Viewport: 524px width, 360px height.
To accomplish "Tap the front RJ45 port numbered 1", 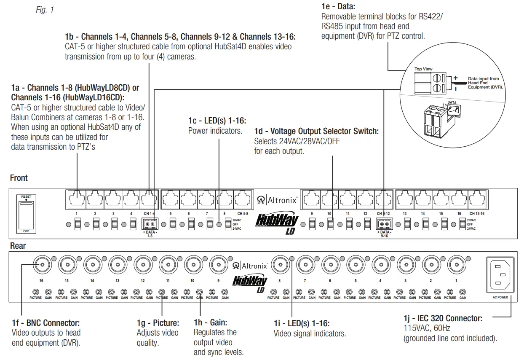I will pos(77,198).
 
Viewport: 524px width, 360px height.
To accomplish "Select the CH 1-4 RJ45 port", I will pos(149,198).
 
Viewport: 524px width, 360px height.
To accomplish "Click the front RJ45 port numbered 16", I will pos(459,198).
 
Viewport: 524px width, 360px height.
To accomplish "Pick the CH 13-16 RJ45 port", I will pos(477,198).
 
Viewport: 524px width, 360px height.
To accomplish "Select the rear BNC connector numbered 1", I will pos(456,265).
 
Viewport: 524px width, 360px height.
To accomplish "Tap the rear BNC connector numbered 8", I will pos(280,265).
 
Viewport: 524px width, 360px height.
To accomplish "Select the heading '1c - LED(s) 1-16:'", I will pos(217,121).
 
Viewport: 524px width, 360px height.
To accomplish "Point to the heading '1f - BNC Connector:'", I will pos(45,323).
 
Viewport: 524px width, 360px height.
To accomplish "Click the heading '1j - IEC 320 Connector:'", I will pos(443,318).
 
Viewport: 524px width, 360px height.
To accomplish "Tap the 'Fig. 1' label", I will pos(45,9).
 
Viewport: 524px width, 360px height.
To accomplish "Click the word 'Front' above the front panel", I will pos(19,178).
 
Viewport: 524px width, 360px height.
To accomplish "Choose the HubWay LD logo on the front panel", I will pos(278,224).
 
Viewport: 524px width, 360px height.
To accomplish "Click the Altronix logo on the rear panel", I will pos(250,266).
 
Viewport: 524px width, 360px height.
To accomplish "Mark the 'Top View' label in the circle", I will pos(423,69).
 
